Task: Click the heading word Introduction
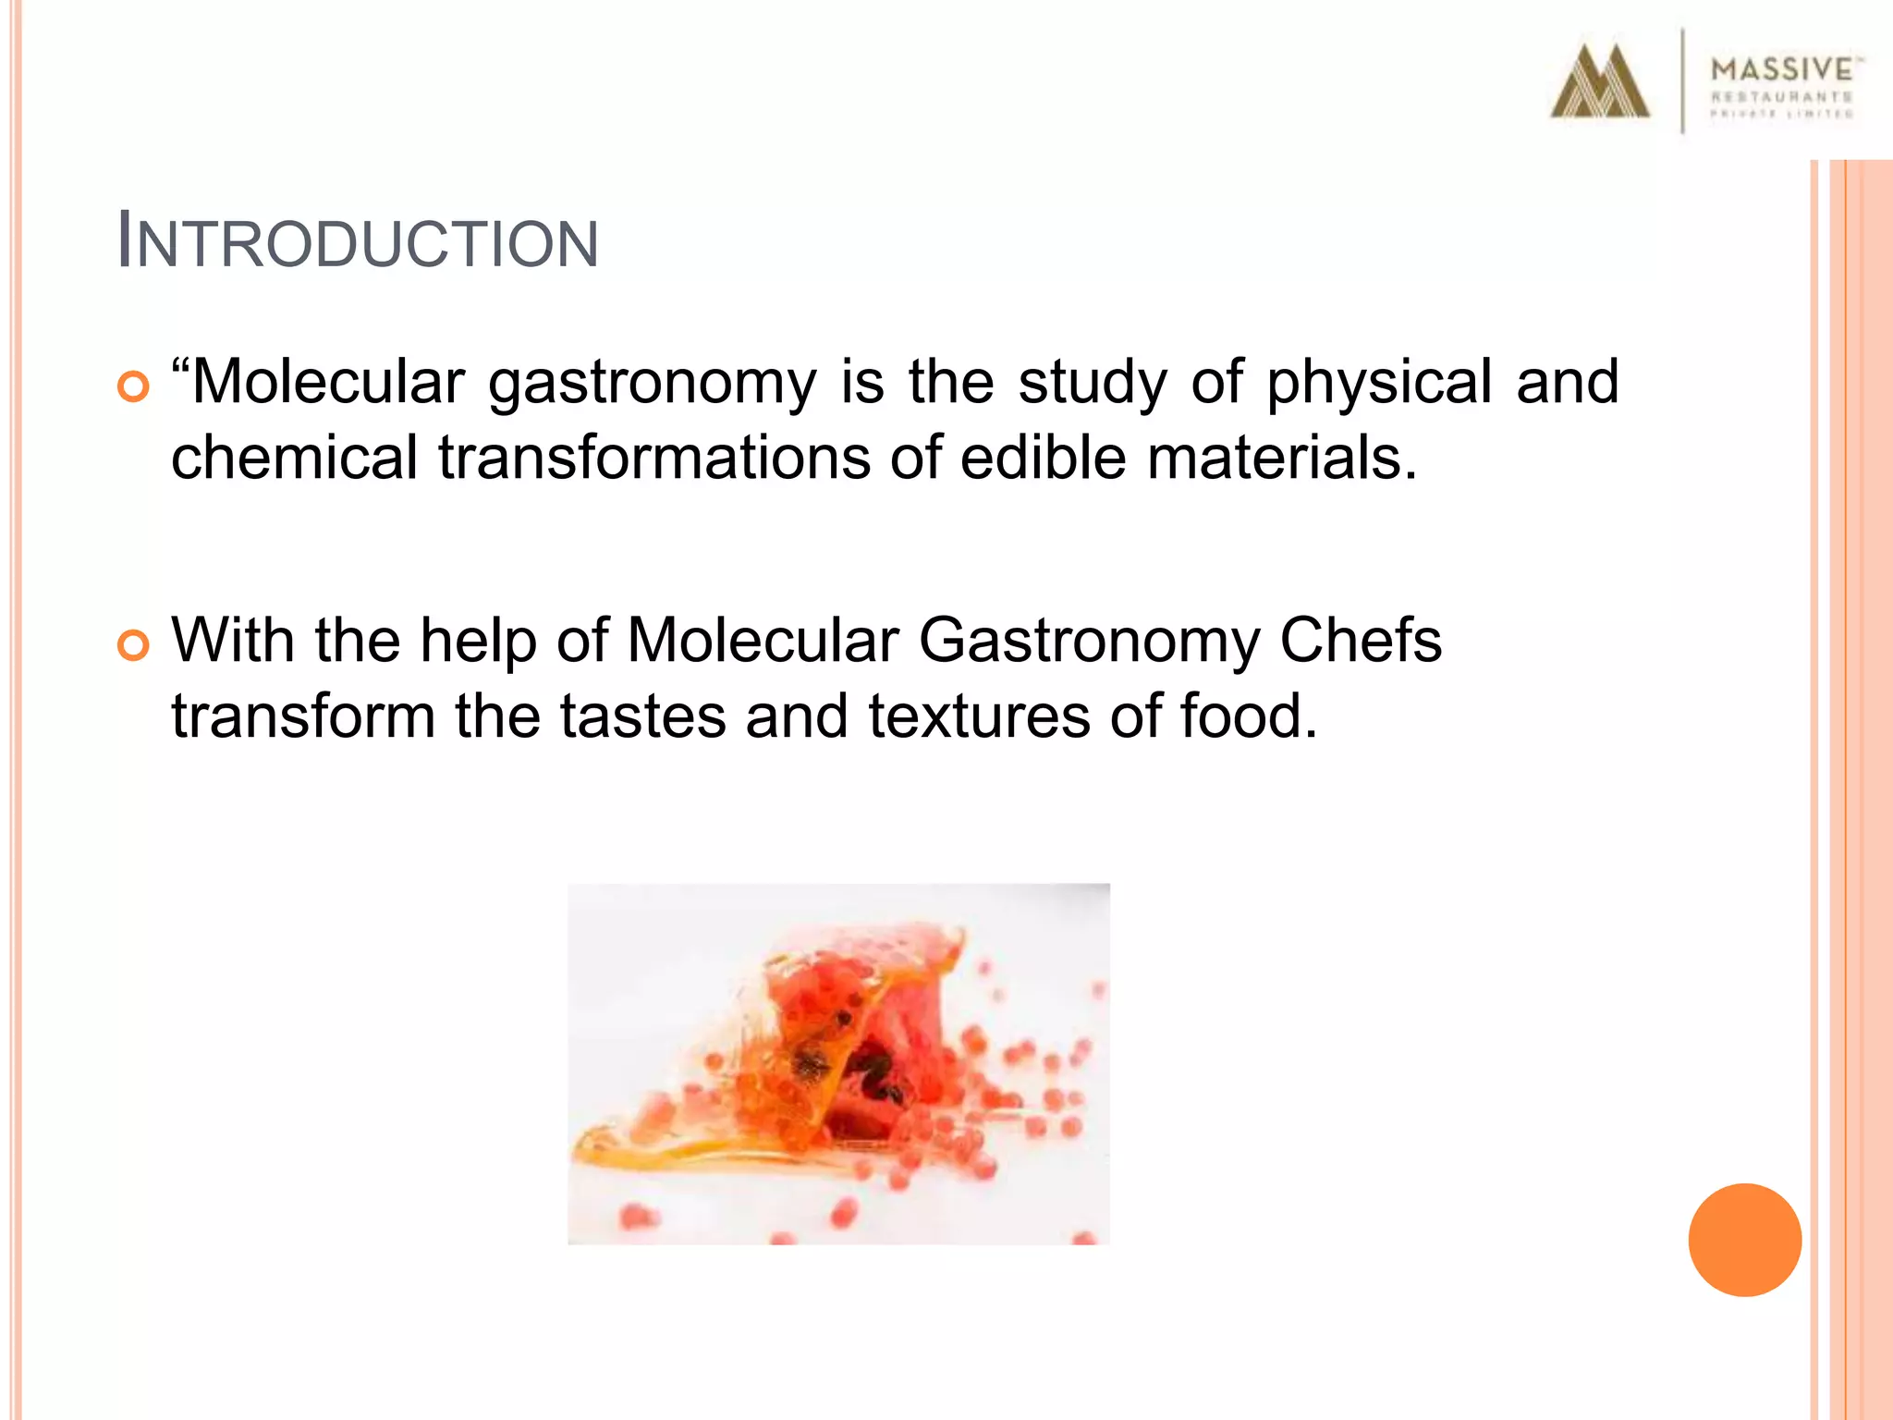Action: (358, 243)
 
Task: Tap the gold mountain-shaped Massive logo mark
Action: (1599, 83)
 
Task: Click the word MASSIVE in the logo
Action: (1782, 69)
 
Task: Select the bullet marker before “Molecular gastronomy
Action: (133, 386)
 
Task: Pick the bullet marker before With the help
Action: (133, 645)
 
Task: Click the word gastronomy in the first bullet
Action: (653, 383)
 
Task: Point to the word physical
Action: (1378, 383)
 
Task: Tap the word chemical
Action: (294, 458)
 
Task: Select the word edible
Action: (1044, 458)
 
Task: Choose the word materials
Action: (1281, 458)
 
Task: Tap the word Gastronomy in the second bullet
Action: (1089, 642)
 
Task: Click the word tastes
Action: (643, 716)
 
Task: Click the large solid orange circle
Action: (1744, 1240)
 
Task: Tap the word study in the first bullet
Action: (1093, 383)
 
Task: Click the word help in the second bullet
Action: (478, 642)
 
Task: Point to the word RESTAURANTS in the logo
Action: (1782, 97)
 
